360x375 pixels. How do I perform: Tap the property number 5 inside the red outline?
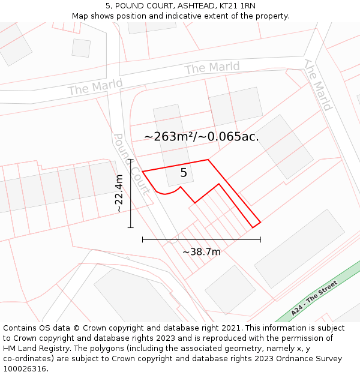pos(184,173)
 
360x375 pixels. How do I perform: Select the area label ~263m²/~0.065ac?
pos(202,137)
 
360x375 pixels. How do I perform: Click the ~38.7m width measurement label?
pos(202,252)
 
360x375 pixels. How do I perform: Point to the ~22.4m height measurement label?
pos(119,193)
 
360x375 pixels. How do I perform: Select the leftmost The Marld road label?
pos(95,87)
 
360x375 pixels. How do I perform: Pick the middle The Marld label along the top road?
pos(212,66)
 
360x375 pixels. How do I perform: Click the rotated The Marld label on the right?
pos(318,85)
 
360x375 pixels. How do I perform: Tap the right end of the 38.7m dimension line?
pos(260,239)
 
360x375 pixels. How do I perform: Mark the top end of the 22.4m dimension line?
pos(131,160)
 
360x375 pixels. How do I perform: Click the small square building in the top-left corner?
pos(81,47)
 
